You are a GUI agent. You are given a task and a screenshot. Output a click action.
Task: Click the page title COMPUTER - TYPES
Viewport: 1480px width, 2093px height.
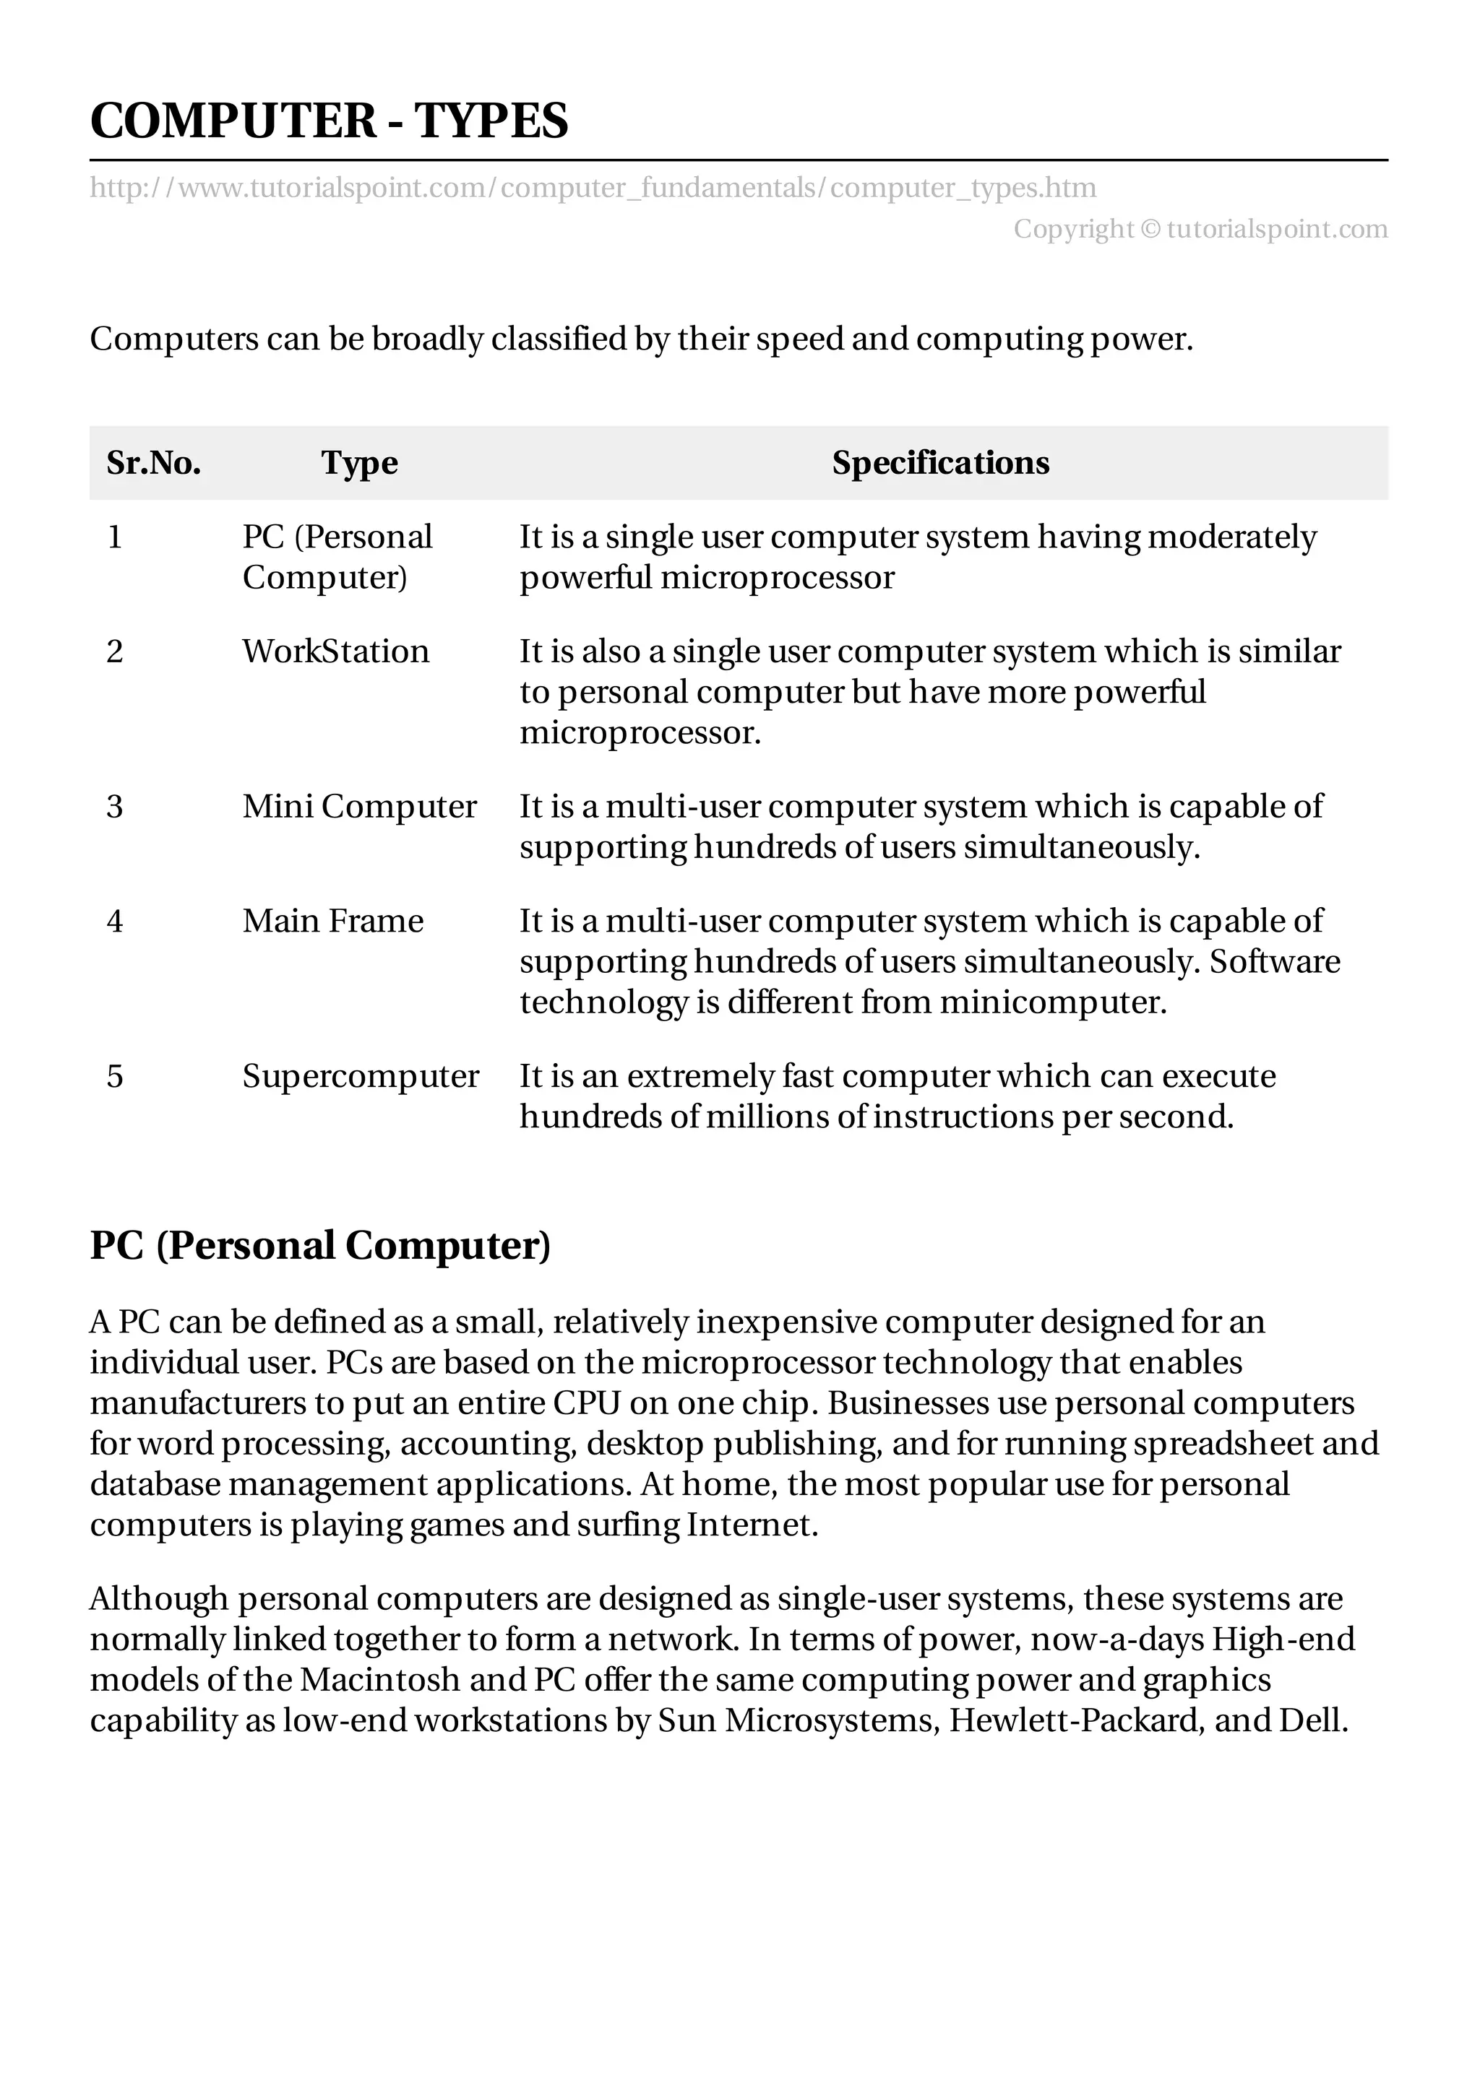click(328, 121)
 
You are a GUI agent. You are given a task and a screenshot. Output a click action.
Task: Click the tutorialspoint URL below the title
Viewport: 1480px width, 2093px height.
click(593, 188)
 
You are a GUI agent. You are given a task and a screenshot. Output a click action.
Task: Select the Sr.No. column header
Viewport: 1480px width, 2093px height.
click(153, 463)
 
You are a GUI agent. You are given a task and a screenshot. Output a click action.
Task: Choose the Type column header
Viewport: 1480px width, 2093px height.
click(359, 463)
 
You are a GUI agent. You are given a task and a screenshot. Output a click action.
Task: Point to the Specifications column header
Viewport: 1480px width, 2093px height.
click(940, 463)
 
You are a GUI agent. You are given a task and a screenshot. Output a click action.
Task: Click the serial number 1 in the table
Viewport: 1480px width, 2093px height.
click(115, 537)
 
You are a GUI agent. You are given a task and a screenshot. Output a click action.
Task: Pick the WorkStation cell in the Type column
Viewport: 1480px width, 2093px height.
click(335, 651)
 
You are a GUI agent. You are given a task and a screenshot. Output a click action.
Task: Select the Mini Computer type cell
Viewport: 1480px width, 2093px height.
click(359, 807)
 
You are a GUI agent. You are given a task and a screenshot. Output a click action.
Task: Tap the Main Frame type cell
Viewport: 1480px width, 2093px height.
click(333, 922)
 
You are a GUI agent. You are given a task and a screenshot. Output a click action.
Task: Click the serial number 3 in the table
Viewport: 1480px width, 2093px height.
click(115, 807)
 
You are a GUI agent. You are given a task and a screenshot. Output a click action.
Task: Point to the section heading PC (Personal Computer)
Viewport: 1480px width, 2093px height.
click(320, 1245)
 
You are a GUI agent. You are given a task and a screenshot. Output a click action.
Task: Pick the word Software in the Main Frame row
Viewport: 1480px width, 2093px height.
click(1275, 962)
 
